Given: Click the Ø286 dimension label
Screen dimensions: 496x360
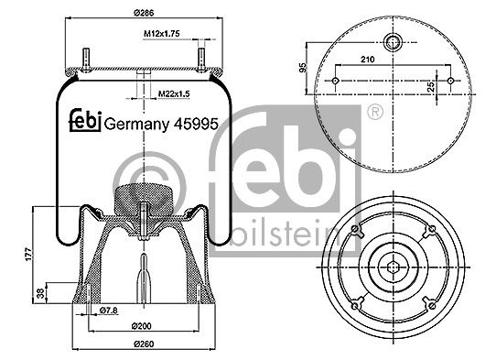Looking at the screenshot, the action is [144, 13].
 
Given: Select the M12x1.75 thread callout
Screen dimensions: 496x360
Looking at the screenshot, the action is [162, 33].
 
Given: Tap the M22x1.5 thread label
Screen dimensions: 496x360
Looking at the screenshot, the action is [174, 93].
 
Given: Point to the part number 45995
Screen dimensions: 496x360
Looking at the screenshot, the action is [196, 124].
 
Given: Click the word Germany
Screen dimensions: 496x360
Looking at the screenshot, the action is [136, 125].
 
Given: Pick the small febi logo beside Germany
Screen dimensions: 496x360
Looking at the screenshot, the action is [85, 121].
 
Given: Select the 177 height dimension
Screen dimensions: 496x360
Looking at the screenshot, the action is [28, 255].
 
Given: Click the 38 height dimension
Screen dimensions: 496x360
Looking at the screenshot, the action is [41, 294].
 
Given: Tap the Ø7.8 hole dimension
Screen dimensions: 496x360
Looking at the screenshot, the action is [109, 311].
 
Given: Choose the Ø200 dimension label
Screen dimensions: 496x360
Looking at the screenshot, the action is [142, 326].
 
